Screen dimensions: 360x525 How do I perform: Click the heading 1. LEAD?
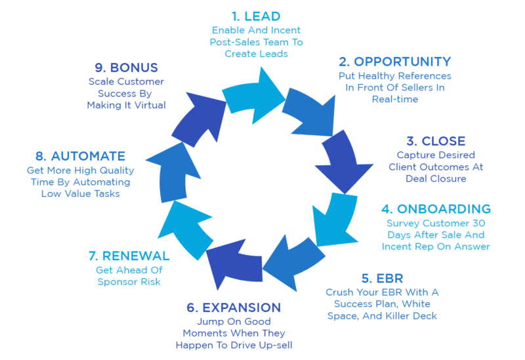point(256,15)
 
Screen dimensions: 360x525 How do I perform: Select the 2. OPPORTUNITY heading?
point(394,62)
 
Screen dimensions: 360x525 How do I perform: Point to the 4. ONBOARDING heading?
point(436,209)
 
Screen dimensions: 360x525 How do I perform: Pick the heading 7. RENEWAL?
point(129,256)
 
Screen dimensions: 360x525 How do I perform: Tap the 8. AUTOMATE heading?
point(80,157)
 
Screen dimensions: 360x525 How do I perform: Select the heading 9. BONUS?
point(126,68)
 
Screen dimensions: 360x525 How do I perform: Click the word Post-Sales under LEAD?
point(238,42)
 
